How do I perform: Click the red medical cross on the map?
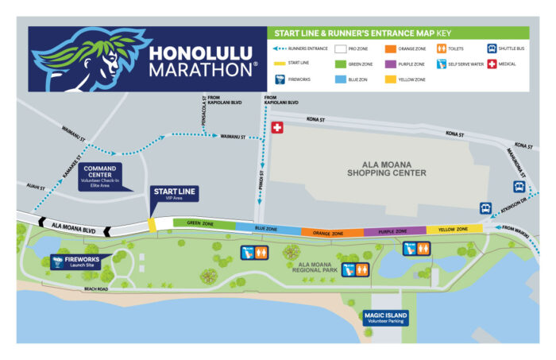(276, 128)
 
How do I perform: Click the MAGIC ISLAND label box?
(385, 318)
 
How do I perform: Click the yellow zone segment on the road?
(454, 229)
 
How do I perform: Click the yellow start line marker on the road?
(152, 225)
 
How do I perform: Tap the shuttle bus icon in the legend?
(492, 48)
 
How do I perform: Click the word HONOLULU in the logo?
(196, 53)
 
